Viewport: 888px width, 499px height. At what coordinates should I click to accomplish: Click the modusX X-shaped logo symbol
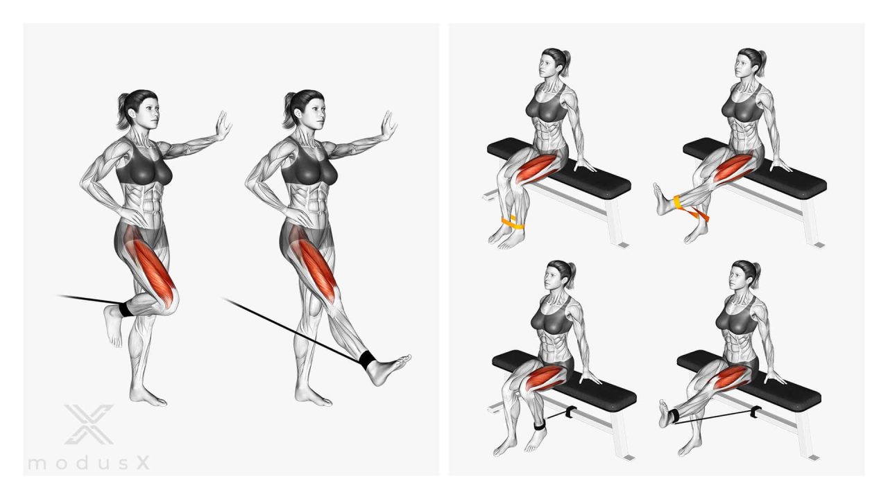tap(89, 424)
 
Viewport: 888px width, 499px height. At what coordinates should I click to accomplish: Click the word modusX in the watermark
tap(89, 463)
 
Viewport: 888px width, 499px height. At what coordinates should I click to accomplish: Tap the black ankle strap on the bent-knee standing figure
tap(126, 309)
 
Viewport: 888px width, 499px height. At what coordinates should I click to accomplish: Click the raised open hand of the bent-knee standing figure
tap(223, 125)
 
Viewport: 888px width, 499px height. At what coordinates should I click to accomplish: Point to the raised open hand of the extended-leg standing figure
tap(389, 125)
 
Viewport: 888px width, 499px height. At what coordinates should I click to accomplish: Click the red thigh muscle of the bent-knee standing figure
tap(153, 270)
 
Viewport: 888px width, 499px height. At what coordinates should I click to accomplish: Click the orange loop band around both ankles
tap(512, 223)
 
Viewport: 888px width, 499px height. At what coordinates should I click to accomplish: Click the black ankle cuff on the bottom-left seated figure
tap(540, 426)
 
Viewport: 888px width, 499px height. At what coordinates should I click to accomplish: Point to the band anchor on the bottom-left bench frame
tap(571, 412)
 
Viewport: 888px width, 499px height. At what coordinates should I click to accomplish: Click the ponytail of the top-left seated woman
tap(565, 63)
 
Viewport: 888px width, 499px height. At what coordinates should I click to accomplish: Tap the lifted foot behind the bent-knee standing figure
tap(113, 326)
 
